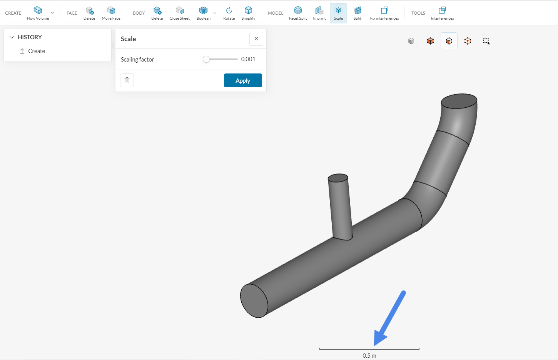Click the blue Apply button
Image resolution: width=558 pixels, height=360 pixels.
click(243, 80)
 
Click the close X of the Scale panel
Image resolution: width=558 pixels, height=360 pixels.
click(256, 39)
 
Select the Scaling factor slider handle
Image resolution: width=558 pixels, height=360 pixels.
click(206, 59)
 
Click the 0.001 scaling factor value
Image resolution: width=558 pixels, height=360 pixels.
click(249, 59)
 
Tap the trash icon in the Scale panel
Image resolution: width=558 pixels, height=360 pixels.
click(127, 80)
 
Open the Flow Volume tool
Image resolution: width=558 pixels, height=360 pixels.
click(38, 13)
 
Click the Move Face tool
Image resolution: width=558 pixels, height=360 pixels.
click(111, 13)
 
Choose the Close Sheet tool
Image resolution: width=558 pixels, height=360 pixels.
click(179, 13)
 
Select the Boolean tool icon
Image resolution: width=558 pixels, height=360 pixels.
click(203, 10)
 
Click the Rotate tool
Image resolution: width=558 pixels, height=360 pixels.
click(229, 13)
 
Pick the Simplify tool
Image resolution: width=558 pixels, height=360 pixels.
click(248, 13)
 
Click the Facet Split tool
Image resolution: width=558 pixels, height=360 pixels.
click(298, 13)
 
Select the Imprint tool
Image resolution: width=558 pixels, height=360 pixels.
click(319, 13)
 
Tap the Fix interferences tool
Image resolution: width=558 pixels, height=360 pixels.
click(384, 13)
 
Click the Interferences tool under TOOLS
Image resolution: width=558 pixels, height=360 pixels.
click(442, 13)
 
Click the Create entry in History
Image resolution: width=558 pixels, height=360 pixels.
click(37, 51)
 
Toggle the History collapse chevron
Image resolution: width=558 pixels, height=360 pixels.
click(12, 37)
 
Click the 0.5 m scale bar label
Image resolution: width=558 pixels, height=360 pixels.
click(369, 356)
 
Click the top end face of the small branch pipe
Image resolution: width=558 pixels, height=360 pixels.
click(338, 178)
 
